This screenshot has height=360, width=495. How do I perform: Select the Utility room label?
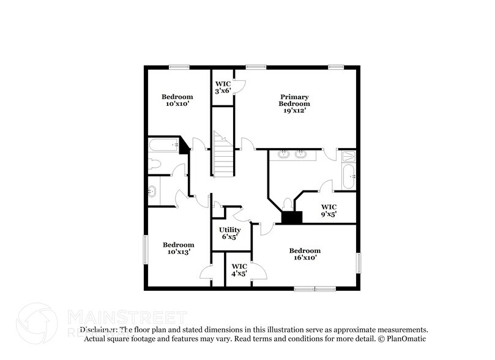(x=230, y=230)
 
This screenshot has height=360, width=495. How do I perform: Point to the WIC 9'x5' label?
(x=329, y=211)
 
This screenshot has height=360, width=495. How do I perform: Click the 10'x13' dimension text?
(x=178, y=252)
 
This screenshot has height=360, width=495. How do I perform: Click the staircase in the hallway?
(x=223, y=156)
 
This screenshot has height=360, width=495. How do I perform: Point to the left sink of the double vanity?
(x=284, y=154)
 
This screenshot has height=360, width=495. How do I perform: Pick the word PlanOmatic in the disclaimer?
(x=406, y=338)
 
